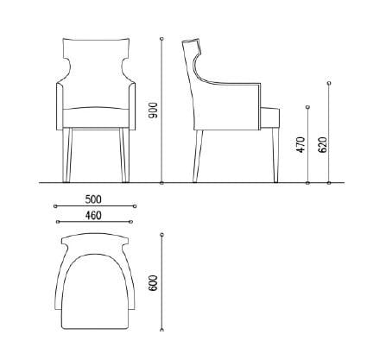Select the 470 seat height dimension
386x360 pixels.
click(x=301, y=145)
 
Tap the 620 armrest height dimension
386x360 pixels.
click(x=322, y=143)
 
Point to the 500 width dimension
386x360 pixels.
click(x=94, y=199)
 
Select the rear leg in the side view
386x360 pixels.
click(x=199, y=155)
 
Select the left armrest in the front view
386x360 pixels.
click(x=60, y=104)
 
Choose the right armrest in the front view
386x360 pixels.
click(x=130, y=104)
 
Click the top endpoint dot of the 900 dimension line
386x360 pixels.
click(x=162, y=40)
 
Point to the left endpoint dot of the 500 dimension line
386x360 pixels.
click(x=55, y=206)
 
